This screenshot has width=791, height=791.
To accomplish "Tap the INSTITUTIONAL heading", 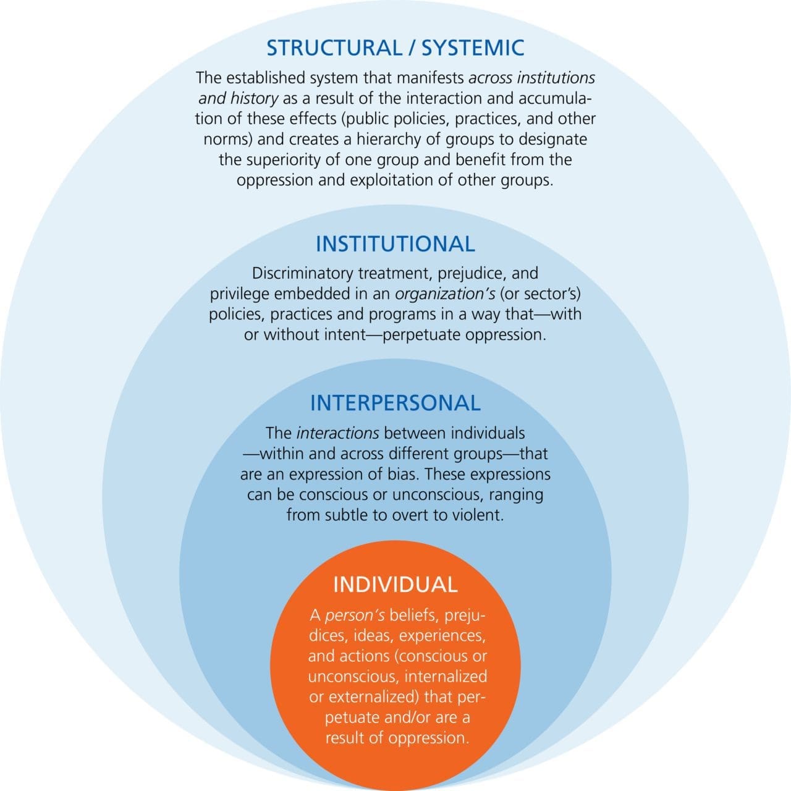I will (x=395, y=243).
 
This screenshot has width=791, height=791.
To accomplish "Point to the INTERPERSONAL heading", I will (x=395, y=403).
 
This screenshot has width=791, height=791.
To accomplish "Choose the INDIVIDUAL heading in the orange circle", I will (x=395, y=585).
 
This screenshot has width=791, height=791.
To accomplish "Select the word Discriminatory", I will (x=303, y=273).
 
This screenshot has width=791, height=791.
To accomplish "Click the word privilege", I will (x=240, y=294).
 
